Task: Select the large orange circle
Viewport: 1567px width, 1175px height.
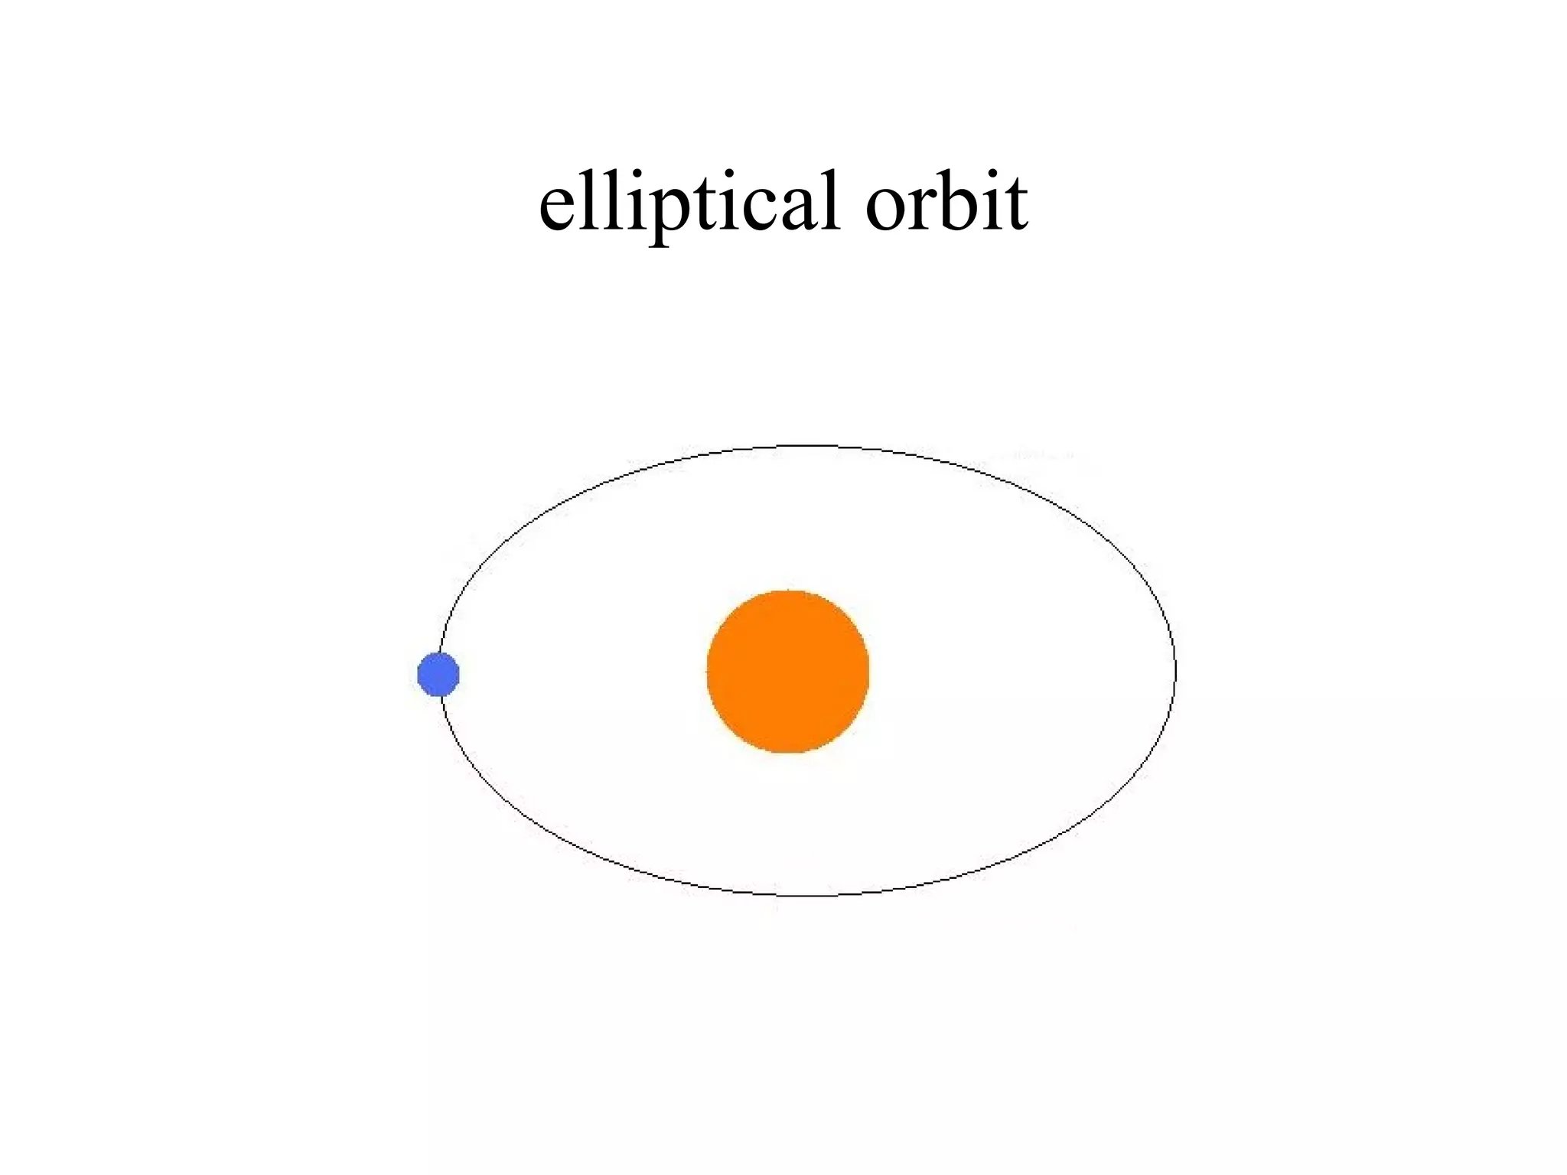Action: [x=787, y=672]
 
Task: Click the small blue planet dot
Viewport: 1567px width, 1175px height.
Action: [x=438, y=675]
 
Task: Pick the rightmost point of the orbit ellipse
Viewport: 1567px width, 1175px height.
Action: [x=1175, y=672]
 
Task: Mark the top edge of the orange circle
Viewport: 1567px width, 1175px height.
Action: [x=787, y=591]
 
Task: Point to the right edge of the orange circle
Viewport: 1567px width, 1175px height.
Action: [x=868, y=672]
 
